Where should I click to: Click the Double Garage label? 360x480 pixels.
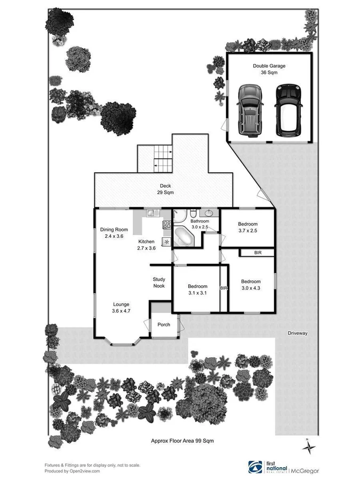(x=269, y=69)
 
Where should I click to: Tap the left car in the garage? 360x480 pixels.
(x=249, y=110)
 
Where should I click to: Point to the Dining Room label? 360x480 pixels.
(x=114, y=233)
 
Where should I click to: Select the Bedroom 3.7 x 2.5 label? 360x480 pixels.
(x=247, y=227)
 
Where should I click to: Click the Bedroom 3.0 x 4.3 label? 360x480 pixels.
(x=251, y=285)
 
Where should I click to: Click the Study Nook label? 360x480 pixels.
(x=159, y=283)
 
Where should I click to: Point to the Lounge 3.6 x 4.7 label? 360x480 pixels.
(x=121, y=308)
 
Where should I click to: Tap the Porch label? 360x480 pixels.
(x=163, y=325)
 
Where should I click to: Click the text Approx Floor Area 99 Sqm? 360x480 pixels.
(x=183, y=441)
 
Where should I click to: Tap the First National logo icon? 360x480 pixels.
(x=255, y=467)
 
